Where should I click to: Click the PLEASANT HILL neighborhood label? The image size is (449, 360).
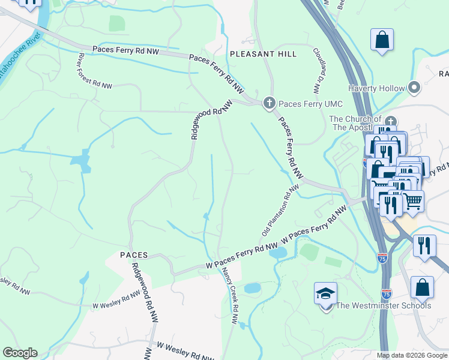pos(263,54)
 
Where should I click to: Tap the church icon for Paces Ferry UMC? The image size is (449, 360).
pos(270,103)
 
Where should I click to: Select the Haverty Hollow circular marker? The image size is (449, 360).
pos(414,88)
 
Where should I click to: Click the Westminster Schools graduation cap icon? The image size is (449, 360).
pos(325,294)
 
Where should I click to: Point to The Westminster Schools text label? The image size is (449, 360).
pos(383,306)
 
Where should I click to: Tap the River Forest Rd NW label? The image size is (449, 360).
pos(95,71)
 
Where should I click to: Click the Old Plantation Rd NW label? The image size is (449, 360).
pos(280,210)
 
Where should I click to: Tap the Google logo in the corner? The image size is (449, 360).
pos(20,353)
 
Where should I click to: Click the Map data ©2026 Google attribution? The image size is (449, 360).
pos(412,355)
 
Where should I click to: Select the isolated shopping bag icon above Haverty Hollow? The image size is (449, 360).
pos(381,41)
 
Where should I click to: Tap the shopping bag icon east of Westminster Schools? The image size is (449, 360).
pos(422,288)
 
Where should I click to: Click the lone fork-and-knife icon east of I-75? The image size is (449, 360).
pos(424,245)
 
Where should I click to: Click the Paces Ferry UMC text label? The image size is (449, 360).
pos(309,104)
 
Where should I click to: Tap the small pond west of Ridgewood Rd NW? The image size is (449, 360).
pos(79,161)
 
